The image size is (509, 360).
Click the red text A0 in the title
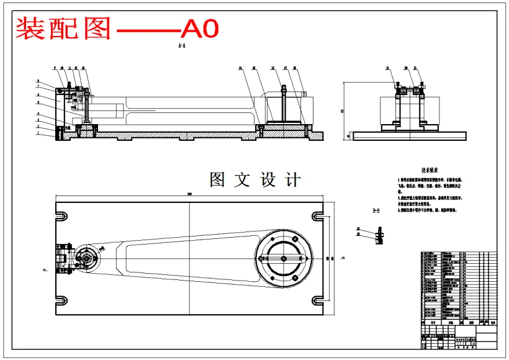pyautogui.click(x=200, y=28)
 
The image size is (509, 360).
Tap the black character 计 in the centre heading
pyautogui.click(x=291, y=180)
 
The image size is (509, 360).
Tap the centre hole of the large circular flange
pyautogui.click(x=283, y=258)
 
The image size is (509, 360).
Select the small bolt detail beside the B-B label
pyautogui.click(x=379, y=235)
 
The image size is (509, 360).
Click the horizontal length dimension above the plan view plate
pyautogui.click(x=189, y=197)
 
